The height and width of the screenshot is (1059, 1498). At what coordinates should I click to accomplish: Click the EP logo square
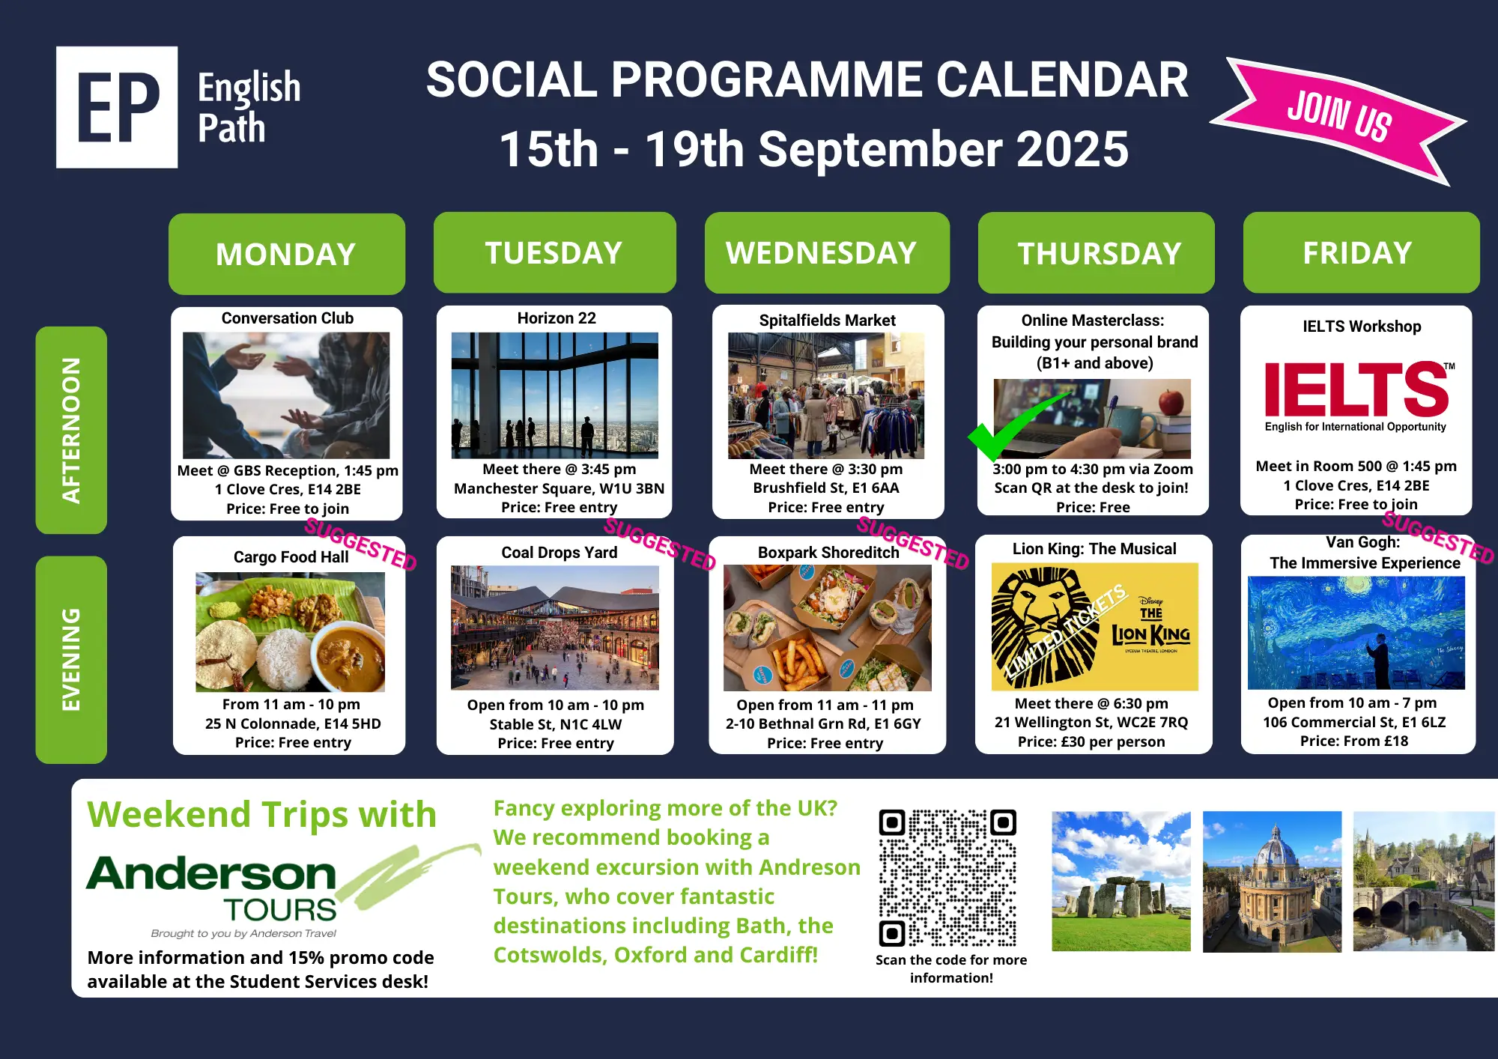click(117, 107)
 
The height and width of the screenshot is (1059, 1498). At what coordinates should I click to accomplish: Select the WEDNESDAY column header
click(827, 252)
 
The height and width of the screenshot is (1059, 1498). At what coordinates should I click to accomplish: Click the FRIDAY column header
click(1361, 252)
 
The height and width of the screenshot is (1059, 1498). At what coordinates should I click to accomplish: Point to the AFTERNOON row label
click(71, 430)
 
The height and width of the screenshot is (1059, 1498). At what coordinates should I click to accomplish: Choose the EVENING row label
click(71, 659)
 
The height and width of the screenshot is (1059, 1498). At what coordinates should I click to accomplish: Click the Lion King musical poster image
click(1094, 626)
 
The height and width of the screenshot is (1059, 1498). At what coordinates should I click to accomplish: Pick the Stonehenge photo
click(1121, 882)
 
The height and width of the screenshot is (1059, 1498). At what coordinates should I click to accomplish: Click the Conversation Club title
click(288, 318)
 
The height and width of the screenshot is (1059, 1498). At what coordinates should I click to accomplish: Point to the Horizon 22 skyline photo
click(555, 395)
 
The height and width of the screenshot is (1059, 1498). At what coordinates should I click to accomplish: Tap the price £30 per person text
click(1091, 741)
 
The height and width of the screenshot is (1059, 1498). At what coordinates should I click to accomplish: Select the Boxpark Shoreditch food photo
click(828, 628)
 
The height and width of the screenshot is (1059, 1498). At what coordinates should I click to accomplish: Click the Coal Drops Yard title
click(560, 553)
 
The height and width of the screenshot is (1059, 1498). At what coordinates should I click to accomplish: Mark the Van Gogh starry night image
click(1356, 633)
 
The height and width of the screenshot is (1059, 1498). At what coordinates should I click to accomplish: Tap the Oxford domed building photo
click(1273, 882)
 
